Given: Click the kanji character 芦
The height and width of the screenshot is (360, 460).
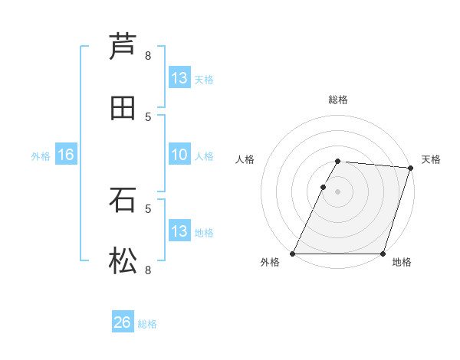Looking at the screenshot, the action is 123,46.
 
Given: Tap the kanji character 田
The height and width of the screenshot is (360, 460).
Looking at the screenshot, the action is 123,108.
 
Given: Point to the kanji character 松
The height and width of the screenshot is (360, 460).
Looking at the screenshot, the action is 123,261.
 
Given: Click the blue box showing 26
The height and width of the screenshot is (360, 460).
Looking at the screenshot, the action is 123,322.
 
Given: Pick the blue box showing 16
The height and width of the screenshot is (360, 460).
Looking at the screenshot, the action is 66,155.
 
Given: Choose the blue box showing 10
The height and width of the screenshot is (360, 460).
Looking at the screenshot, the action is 179,155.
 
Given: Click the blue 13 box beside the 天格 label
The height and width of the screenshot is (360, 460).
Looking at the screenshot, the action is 179,78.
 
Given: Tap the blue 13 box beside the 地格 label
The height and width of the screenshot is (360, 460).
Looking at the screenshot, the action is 179,231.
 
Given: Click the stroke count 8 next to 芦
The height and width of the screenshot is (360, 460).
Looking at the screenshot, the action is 148,55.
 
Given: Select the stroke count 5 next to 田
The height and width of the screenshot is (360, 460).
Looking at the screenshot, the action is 148,116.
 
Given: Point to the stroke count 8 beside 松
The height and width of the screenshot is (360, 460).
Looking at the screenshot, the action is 148,270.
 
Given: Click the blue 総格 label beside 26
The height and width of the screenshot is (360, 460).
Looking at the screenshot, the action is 148,324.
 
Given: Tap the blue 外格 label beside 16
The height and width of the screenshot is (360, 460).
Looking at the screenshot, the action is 41,155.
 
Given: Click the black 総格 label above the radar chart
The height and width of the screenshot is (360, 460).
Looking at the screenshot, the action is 337,100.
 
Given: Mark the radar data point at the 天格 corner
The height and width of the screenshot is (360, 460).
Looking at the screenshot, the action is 410,169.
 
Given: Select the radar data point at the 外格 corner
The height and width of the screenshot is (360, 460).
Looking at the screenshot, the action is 293,254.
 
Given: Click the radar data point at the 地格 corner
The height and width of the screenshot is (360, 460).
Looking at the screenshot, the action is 383,254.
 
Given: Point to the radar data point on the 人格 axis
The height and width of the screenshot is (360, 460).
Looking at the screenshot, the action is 323,187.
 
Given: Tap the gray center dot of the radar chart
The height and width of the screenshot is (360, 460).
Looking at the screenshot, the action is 337,191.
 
